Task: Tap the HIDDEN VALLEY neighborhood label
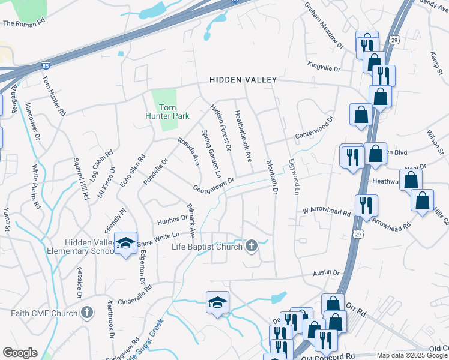pyautogui.click(x=243, y=80)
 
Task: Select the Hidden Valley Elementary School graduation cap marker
pyautogui.click(x=125, y=243)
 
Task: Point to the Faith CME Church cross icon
pyautogui.click(x=87, y=313)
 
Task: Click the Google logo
pyautogui.click(x=19, y=353)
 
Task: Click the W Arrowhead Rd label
pyautogui.click(x=326, y=211)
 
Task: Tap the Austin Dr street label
pyautogui.click(x=327, y=272)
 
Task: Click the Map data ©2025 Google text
pyautogui.click(x=412, y=355)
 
